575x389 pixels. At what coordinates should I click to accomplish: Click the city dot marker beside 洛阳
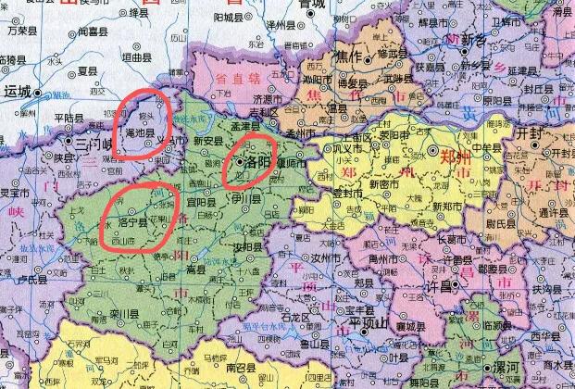pyautogui.click(x=240, y=161)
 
